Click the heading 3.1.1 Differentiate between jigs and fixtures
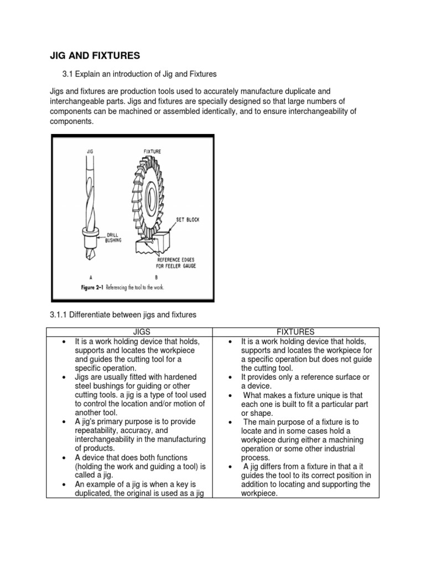pos(123,315)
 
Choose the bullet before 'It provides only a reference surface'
pos(232,377)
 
